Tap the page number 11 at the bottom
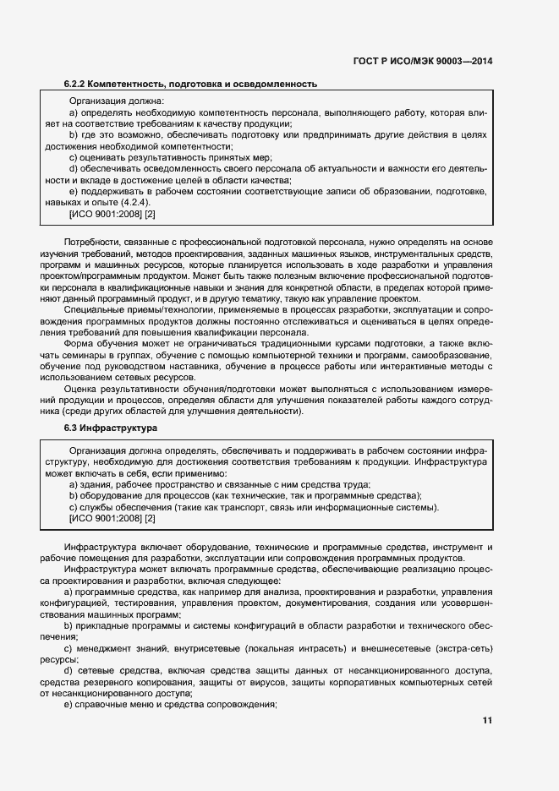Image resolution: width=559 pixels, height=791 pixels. (x=487, y=721)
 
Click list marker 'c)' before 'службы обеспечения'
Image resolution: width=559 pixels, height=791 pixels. (x=73, y=507)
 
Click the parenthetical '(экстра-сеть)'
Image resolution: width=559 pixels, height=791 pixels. (x=461, y=647)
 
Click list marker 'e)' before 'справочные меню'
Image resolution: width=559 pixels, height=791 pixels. (x=74, y=704)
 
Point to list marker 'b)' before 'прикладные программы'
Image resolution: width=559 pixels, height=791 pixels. (x=74, y=625)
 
